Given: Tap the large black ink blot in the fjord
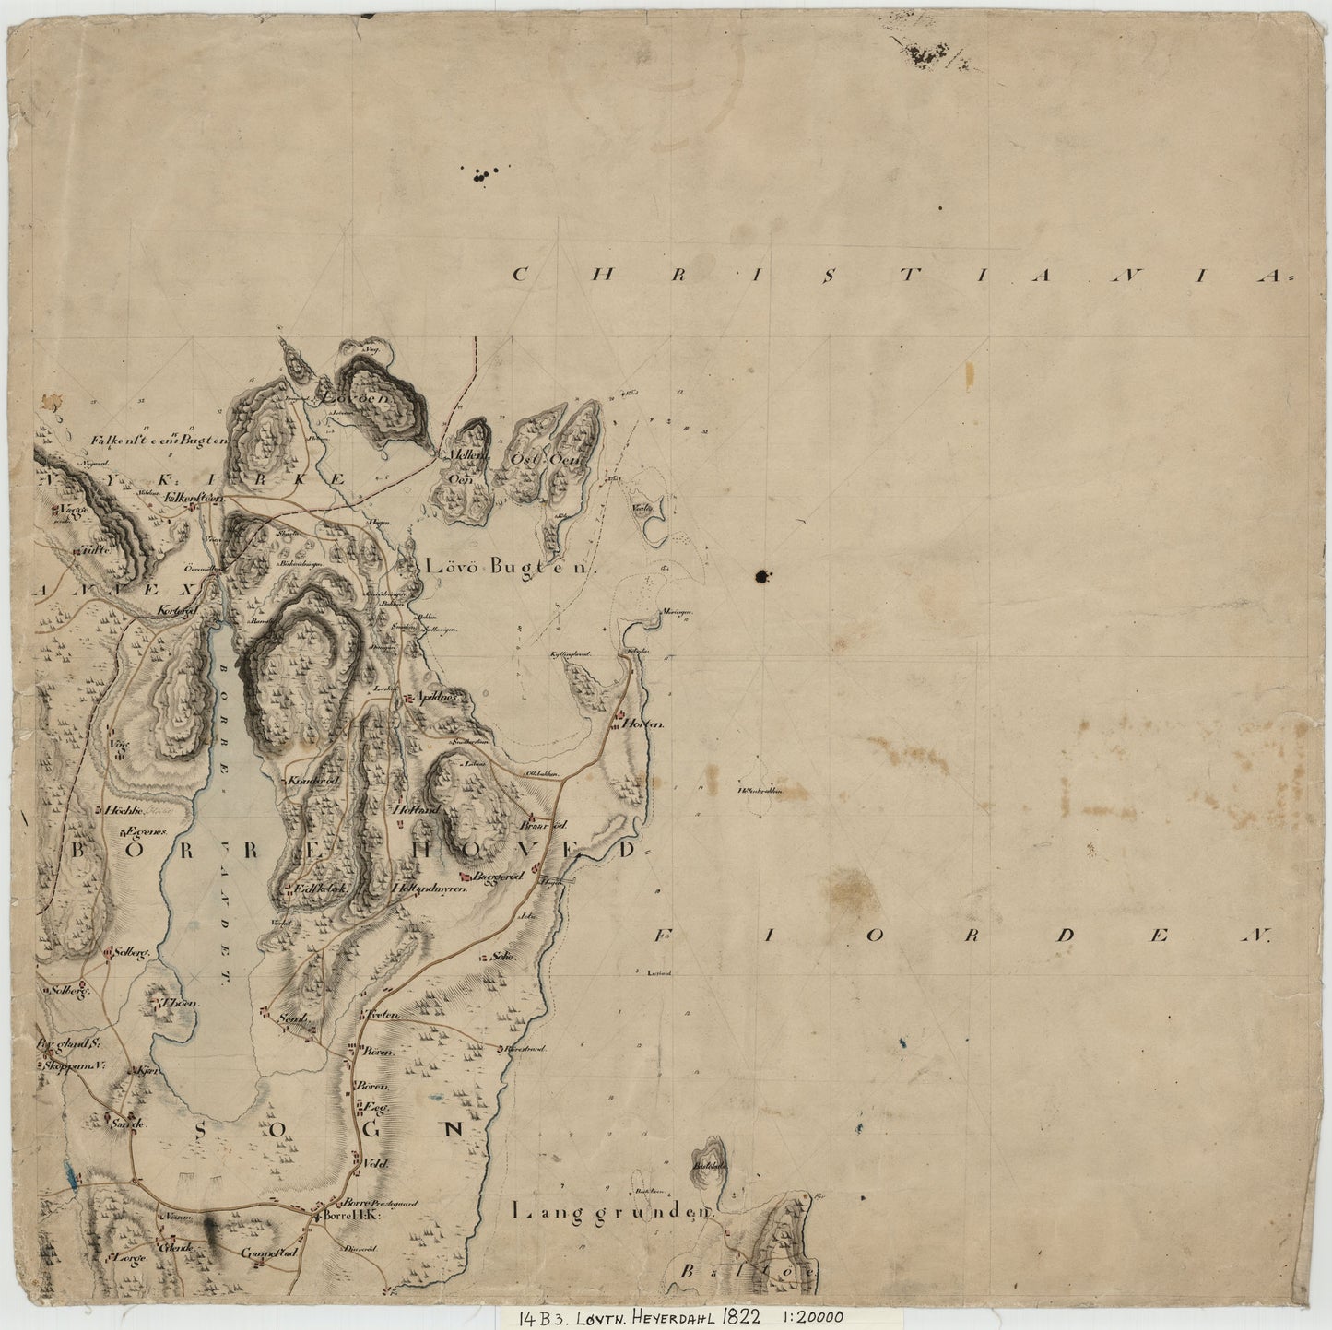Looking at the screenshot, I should tap(760, 577).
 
